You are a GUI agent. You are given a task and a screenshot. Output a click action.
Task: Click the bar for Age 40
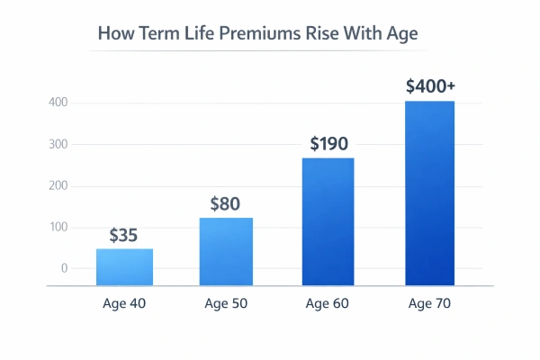tap(125, 266)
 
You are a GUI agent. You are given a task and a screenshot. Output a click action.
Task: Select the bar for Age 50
tap(226, 251)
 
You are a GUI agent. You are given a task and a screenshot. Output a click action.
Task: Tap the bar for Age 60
tap(328, 221)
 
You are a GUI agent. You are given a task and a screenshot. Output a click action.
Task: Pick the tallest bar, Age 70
tap(429, 193)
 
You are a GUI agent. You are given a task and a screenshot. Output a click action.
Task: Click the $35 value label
tap(125, 236)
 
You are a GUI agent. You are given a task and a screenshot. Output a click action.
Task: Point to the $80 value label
tap(225, 204)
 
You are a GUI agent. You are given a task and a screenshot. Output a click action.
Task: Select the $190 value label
tap(328, 144)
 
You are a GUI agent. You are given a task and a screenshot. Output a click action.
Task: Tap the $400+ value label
tap(430, 87)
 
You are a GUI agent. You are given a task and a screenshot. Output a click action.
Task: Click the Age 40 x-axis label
tap(124, 303)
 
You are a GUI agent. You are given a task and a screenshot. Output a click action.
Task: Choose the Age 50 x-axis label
tap(226, 303)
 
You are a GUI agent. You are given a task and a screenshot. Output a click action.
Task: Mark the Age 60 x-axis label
tap(328, 303)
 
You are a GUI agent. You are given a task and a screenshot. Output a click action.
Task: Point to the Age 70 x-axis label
tap(429, 303)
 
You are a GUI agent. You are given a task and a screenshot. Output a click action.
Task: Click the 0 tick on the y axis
tap(65, 268)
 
